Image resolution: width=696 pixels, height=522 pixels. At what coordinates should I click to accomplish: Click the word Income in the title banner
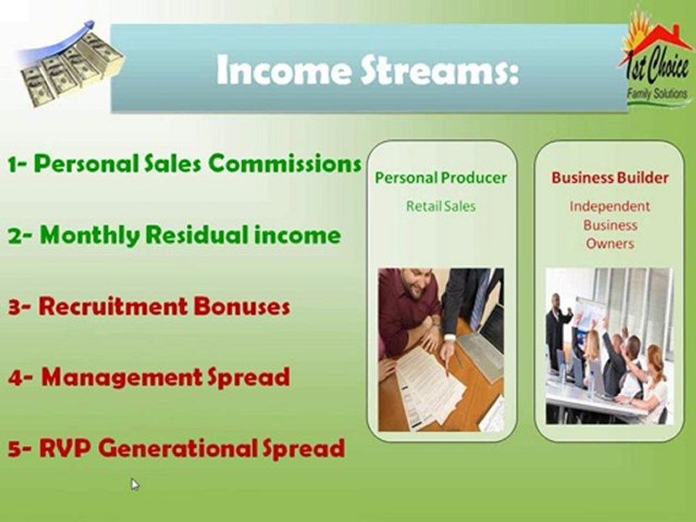(284, 70)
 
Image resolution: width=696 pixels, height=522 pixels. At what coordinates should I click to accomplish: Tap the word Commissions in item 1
(285, 164)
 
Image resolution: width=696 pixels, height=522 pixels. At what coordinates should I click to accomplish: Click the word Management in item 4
(122, 378)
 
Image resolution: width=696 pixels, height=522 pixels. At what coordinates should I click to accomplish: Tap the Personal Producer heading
(441, 178)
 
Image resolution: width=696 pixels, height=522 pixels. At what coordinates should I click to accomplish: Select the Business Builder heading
(610, 178)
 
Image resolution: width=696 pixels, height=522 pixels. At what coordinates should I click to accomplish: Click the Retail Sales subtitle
(441, 207)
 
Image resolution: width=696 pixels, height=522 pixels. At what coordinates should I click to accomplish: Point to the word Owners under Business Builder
(610, 244)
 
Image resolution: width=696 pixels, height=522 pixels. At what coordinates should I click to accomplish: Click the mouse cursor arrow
(135, 484)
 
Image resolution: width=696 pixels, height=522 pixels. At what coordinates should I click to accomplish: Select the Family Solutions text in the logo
(657, 94)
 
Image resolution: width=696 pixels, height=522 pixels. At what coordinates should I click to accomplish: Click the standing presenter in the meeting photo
(557, 331)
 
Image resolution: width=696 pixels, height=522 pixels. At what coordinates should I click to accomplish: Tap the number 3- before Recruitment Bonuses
(20, 307)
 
